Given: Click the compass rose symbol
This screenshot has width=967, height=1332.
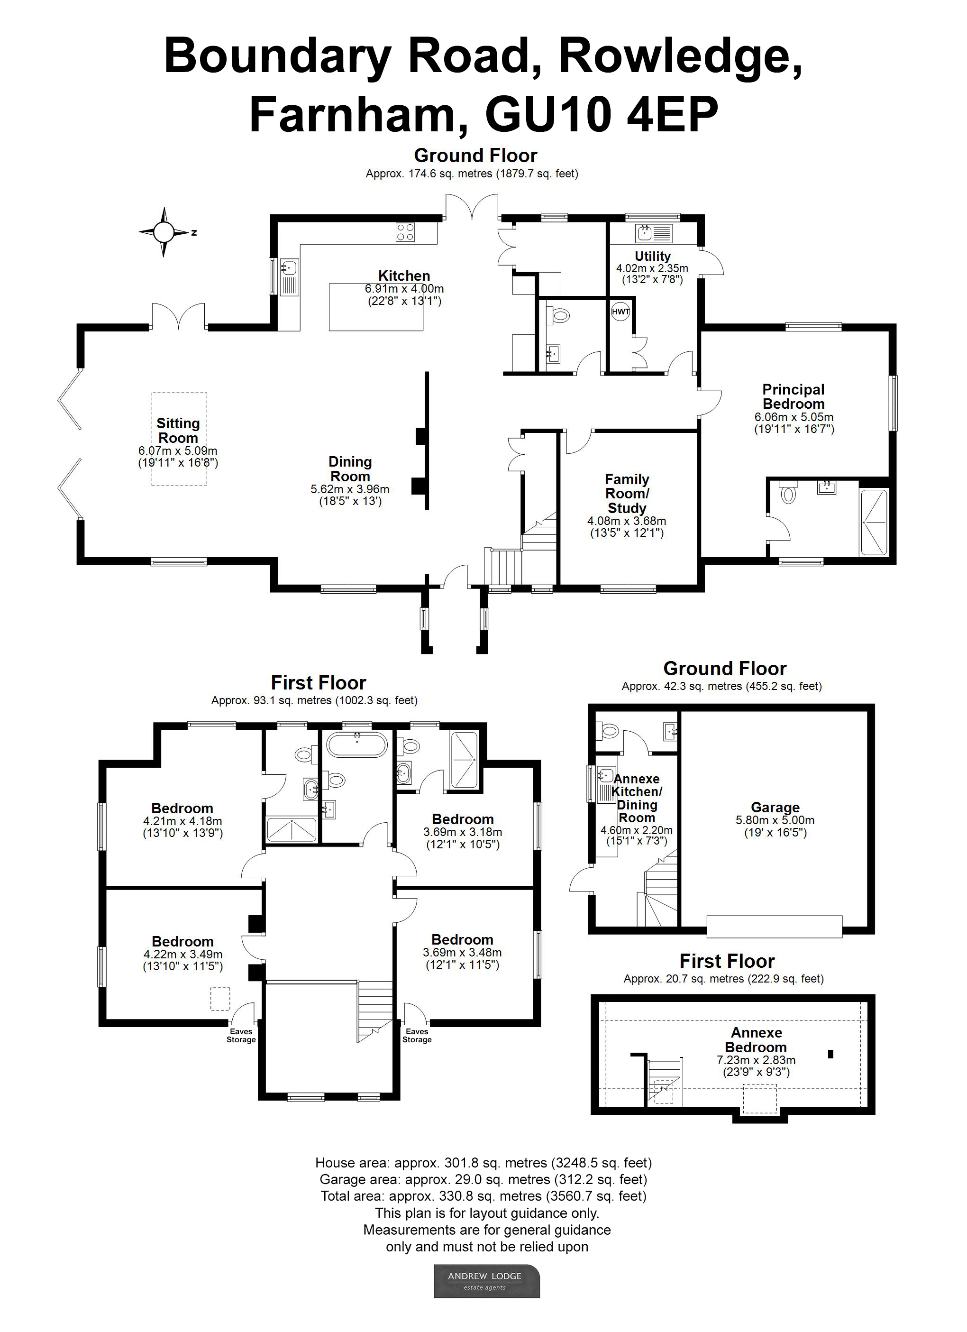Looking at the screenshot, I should (x=164, y=232).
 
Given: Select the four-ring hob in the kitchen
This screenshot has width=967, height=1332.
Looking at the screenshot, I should (x=405, y=232).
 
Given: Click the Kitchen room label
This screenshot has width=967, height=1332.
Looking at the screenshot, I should (x=404, y=276).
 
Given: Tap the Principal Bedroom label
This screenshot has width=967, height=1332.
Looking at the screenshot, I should (x=793, y=396).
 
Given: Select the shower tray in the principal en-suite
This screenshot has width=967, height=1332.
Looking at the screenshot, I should (x=874, y=522).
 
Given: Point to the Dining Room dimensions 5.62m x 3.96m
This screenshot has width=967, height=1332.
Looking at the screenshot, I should (x=350, y=489).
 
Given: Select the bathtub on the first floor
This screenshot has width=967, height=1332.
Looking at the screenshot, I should (x=357, y=744).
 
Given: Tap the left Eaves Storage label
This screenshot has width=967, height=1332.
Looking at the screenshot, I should (x=241, y=1036).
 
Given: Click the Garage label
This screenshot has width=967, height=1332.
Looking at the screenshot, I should (x=775, y=808).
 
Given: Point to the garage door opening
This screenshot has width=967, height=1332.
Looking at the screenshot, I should (x=775, y=926).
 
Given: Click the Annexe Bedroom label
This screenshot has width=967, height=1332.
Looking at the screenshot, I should (x=756, y=1039).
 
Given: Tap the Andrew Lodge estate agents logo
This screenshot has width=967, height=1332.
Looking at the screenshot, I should (x=486, y=1281).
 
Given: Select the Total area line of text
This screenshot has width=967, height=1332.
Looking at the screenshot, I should (x=483, y=1196).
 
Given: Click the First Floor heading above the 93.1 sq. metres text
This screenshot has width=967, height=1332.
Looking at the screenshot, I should (x=318, y=682).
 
